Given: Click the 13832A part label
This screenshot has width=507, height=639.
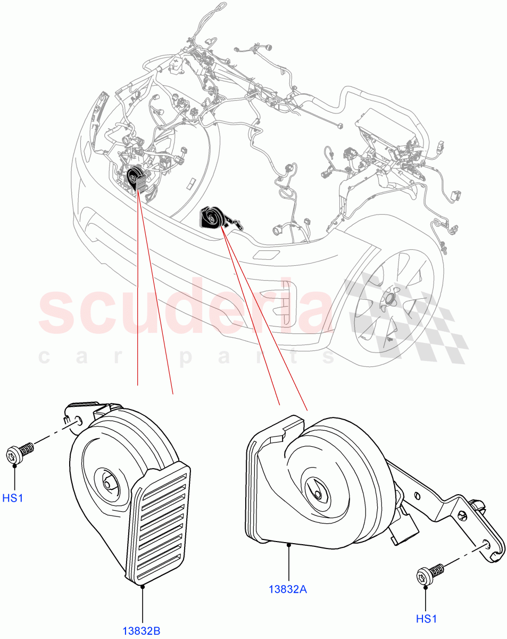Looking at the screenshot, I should (x=288, y=589).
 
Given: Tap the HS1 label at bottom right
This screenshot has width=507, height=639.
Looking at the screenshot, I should (x=426, y=619).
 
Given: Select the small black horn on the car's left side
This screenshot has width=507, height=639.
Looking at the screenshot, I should (x=138, y=178).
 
